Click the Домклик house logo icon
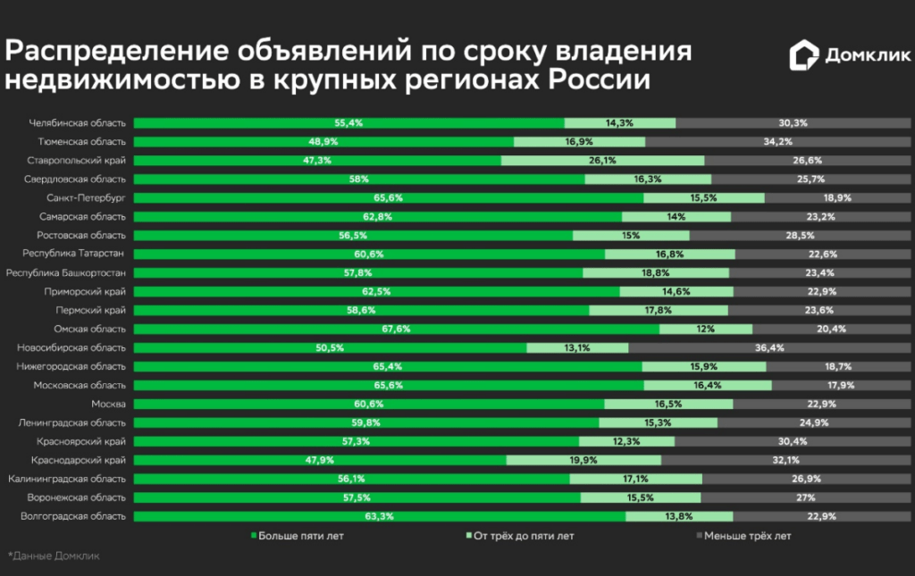click(802, 56)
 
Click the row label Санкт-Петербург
click(87, 197)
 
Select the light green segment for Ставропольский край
click(602, 160)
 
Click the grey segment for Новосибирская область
click(769, 347)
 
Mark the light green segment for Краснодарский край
click(583, 460)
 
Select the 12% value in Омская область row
click(706, 329)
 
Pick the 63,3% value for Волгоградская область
click(380, 516)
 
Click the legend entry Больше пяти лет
click(298, 537)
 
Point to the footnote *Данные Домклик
click(54, 556)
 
